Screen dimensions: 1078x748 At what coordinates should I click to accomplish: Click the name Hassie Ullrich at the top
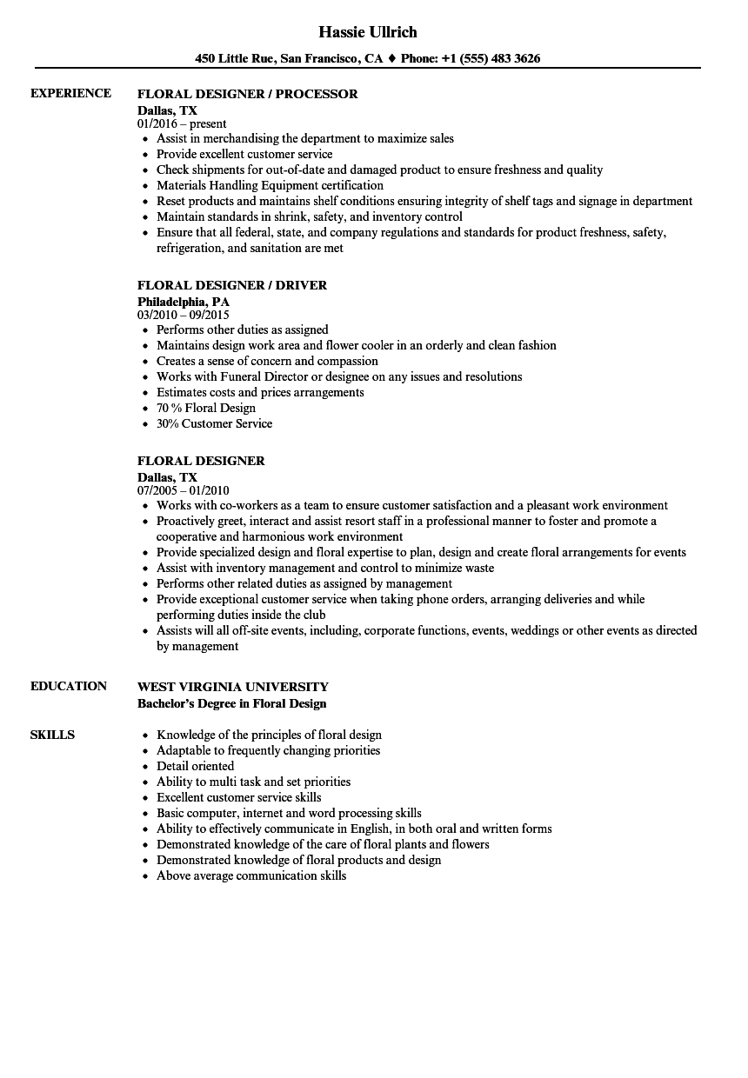[x=368, y=32]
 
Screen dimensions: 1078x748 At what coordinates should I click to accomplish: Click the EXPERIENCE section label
[x=70, y=93]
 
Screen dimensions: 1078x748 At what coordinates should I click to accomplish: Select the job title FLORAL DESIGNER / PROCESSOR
[x=247, y=94]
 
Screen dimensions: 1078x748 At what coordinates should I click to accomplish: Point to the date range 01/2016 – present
[x=182, y=123]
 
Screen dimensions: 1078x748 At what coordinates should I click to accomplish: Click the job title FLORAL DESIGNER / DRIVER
[x=232, y=285]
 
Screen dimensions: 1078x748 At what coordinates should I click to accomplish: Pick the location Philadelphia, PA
[x=184, y=301]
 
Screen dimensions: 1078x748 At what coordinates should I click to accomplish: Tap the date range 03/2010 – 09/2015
[x=184, y=315]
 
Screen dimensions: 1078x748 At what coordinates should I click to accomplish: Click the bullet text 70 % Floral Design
[x=206, y=408]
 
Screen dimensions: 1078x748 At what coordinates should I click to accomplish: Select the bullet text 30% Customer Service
[x=214, y=423]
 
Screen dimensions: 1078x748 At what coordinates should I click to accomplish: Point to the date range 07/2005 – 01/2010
[x=184, y=490]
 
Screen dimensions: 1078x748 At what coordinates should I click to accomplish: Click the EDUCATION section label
[x=69, y=686]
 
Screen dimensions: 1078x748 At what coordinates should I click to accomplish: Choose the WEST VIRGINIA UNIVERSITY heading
[x=233, y=687]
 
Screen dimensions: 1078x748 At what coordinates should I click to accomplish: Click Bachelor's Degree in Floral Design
[x=232, y=702]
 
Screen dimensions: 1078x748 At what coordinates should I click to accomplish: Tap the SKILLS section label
[x=52, y=735]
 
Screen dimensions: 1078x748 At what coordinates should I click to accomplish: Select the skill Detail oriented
[x=195, y=766]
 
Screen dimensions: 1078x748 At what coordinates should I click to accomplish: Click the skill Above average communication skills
[x=251, y=875]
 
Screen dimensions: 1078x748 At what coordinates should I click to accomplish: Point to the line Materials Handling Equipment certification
[x=270, y=185]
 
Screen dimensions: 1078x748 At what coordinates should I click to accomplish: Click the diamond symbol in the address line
[x=392, y=59]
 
